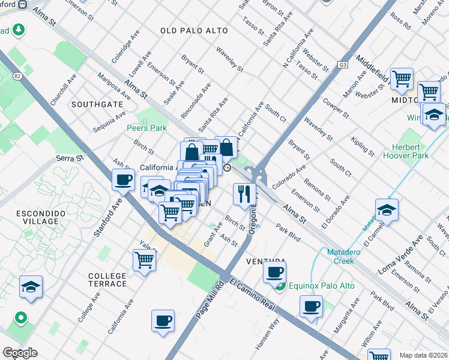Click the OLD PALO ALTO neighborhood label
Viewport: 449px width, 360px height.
[194, 31]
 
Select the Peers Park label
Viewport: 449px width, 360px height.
[146, 128]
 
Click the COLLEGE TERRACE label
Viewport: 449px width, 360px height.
[107, 280]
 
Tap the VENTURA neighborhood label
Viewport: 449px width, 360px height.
[265, 262]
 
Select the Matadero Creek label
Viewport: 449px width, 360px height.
[348, 256]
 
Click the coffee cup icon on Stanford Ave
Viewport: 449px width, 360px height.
[123, 179]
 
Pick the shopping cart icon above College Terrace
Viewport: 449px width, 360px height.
[145, 260]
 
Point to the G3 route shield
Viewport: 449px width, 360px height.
[343, 64]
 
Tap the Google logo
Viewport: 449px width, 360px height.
[20, 353]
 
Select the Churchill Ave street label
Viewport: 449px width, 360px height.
[64, 89]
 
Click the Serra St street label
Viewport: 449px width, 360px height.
[69, 158]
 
